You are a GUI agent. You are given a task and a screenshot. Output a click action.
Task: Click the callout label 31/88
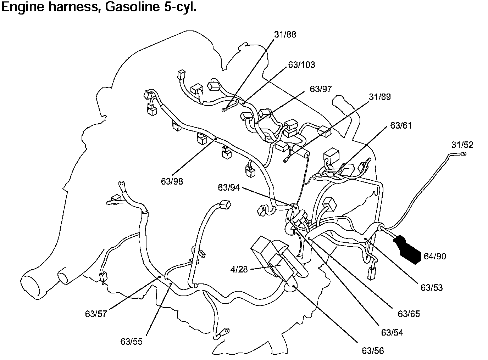point(285,35)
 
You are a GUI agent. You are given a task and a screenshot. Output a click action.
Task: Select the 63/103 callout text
point(301,65)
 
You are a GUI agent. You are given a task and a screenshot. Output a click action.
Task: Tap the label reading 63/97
point(321,89)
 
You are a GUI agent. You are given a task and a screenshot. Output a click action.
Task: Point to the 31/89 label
point(379,97)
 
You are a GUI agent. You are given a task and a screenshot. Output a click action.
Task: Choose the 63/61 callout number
point(401,125)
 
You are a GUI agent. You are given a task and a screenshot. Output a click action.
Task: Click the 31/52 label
point(462,145)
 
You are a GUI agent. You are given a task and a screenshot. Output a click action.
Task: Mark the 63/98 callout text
point(172,181)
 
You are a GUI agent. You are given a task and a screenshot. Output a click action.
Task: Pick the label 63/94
point(229,188)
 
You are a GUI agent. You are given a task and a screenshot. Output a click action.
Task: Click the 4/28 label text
point(239,270)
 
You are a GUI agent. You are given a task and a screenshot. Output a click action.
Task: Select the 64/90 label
point(435,256)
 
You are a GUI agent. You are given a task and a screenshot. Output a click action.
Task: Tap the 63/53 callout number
point(432,288)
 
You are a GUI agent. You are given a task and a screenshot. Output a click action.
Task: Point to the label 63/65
point(409,314)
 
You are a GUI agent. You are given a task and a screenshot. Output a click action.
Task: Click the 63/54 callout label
point(392,332)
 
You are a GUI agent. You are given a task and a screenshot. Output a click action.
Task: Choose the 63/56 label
point(373,351)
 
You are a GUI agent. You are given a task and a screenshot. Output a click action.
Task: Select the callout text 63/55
point(131,342)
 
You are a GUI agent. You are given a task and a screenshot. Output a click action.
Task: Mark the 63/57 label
point(96,314)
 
